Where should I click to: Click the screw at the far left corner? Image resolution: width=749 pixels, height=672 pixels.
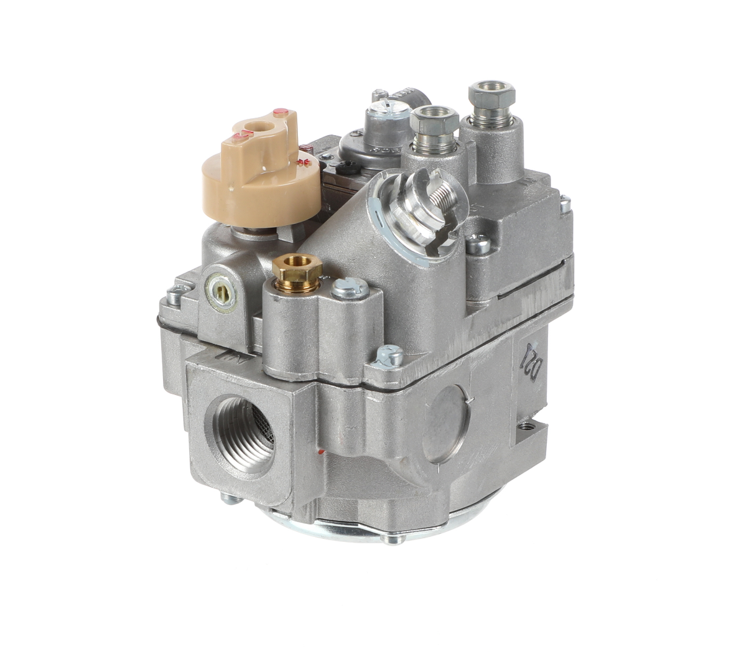(x=173, y=292)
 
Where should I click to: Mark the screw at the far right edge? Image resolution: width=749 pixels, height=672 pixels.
(x=564, y=203)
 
